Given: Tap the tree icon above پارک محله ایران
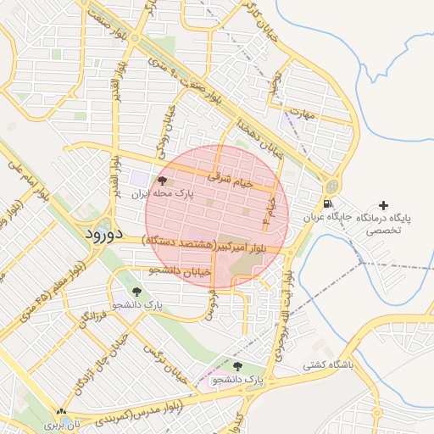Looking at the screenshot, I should (x=162, y=181).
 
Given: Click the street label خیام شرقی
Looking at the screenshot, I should (x=231, y=179).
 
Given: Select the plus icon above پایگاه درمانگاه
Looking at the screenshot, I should (x=384, y=205).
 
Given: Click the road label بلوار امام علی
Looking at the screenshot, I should (x=25, y=177).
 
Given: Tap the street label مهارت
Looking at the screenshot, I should (x=299, y=112).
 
